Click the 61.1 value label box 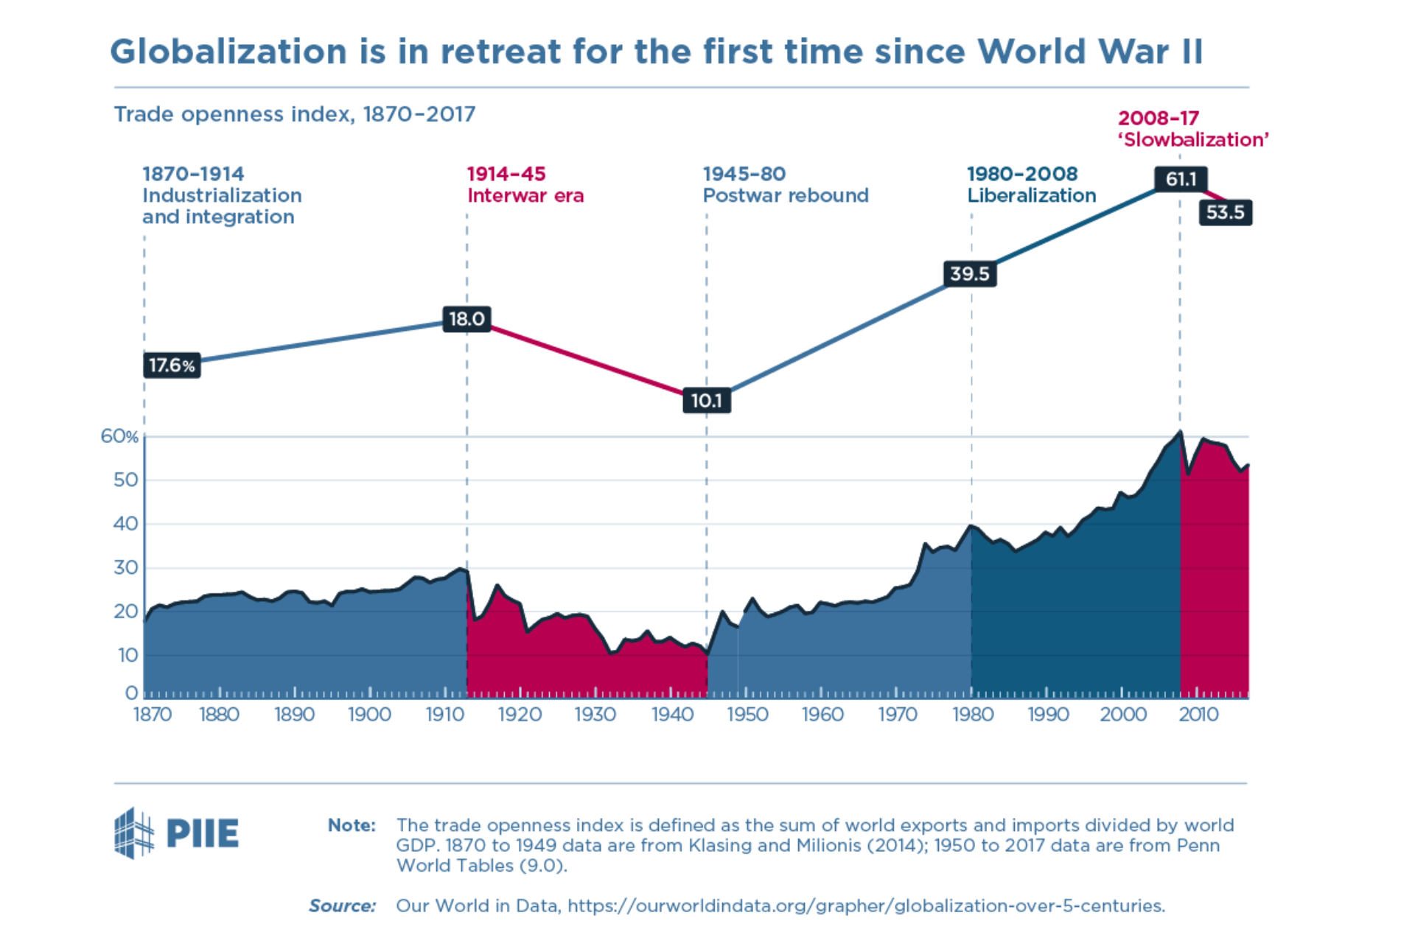[x=1181, y=179]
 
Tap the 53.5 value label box [x=1225, y=213]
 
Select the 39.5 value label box [x=969, y=274]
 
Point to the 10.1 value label [x=706, y=401]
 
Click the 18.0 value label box [x=467, y=319]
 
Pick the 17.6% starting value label [x=172, y=365]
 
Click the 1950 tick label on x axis [x=747, y=715]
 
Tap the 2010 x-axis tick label [x=1198, y=715]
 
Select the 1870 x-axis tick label [x=152, y=715]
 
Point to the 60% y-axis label [x=119, y=437]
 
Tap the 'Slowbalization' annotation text [x=1193, y=140]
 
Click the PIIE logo [x=177, y=833]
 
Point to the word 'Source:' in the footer [x=342, y=906]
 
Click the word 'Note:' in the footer [x=352, y=825]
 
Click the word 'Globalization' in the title [x=228, y=52]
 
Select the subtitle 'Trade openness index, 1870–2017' [x=294, y=115]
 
